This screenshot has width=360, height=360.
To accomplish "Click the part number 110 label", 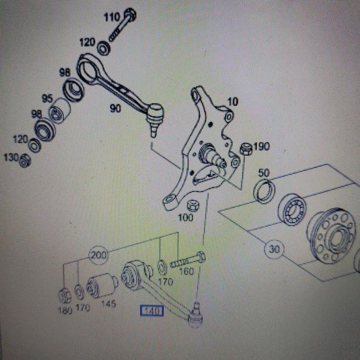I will [112, 18].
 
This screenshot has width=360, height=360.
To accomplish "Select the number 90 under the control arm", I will [115, 108].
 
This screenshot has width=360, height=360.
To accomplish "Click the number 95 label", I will [47, 98].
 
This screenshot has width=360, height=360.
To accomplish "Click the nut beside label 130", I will [24, 161].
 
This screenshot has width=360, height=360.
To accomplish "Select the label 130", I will [11, 157].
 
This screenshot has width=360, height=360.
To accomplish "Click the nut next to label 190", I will [246, 150].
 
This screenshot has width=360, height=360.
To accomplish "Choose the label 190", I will [261, 147].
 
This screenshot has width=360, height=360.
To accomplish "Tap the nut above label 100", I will [193, 205].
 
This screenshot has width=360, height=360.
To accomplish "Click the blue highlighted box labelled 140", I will [152, 311].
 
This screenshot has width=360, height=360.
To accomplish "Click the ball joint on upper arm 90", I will [155, 114].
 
